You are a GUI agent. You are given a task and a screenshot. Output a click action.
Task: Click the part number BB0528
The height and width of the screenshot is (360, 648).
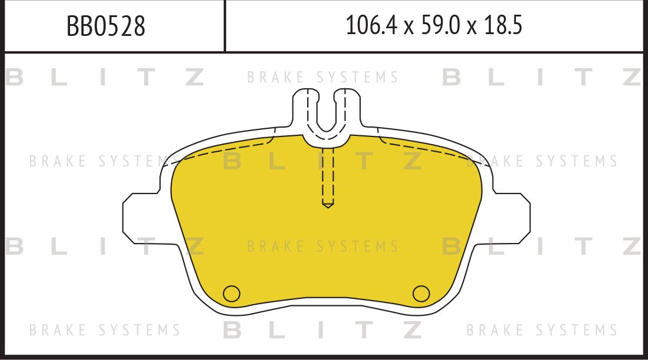(106, 26)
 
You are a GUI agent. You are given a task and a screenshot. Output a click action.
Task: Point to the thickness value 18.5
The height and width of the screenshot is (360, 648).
(503, 26)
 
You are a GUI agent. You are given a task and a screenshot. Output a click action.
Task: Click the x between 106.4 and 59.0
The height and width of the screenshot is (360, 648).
(407, 27)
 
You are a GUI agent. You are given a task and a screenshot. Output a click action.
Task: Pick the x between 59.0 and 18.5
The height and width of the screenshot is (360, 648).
(471, 27)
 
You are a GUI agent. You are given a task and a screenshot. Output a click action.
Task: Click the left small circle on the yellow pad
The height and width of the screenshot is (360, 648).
(232, 292)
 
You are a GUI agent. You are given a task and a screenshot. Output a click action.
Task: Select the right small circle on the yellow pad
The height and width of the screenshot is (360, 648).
(421, 292)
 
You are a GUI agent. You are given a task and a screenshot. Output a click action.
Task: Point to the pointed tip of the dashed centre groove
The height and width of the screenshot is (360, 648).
(328, 205)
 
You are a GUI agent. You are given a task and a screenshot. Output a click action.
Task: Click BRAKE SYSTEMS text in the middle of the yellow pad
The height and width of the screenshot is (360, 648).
(323, 246)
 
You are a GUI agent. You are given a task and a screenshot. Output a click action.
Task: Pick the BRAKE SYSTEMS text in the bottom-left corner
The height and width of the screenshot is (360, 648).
(105, 329)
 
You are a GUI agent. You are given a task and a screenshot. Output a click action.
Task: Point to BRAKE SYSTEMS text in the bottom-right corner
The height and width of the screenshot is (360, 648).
(542, 329)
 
